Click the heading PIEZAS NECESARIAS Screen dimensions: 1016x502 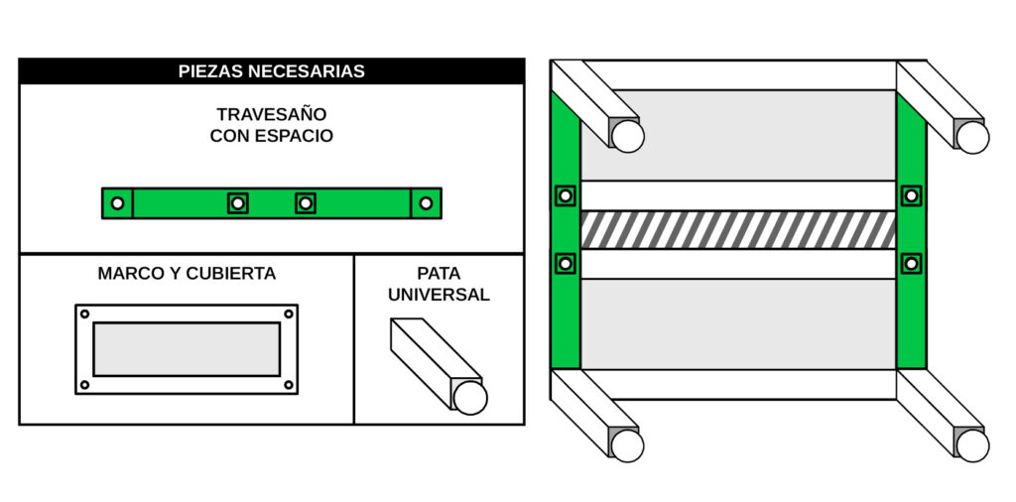(272, 71)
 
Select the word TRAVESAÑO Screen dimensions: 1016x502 (272, 114)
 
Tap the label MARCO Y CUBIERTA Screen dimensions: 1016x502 (187, 274)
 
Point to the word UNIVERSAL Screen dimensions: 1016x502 (439, 295)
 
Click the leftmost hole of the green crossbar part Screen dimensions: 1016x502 (117, 203)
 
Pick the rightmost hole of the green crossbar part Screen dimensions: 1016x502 (426, 203)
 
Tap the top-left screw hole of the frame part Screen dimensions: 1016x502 (84, 314)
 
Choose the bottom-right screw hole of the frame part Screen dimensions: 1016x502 (289, 385)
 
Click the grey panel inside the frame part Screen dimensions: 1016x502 (187, 349)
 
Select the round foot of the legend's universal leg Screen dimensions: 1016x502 (469, 398)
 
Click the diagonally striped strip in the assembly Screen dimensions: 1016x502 (738, 230)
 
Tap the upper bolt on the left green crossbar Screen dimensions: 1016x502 (566, 195)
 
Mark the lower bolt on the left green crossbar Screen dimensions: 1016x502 (566, 263)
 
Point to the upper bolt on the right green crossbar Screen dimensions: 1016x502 (911, 195)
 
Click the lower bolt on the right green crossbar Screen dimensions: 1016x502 (911, 263)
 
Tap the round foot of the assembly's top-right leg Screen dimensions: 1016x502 (972, 137)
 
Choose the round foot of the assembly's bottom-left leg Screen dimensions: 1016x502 (627, 445)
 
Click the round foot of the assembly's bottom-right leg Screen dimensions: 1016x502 (972, 445)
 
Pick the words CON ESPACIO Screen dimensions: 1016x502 (272, 137)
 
